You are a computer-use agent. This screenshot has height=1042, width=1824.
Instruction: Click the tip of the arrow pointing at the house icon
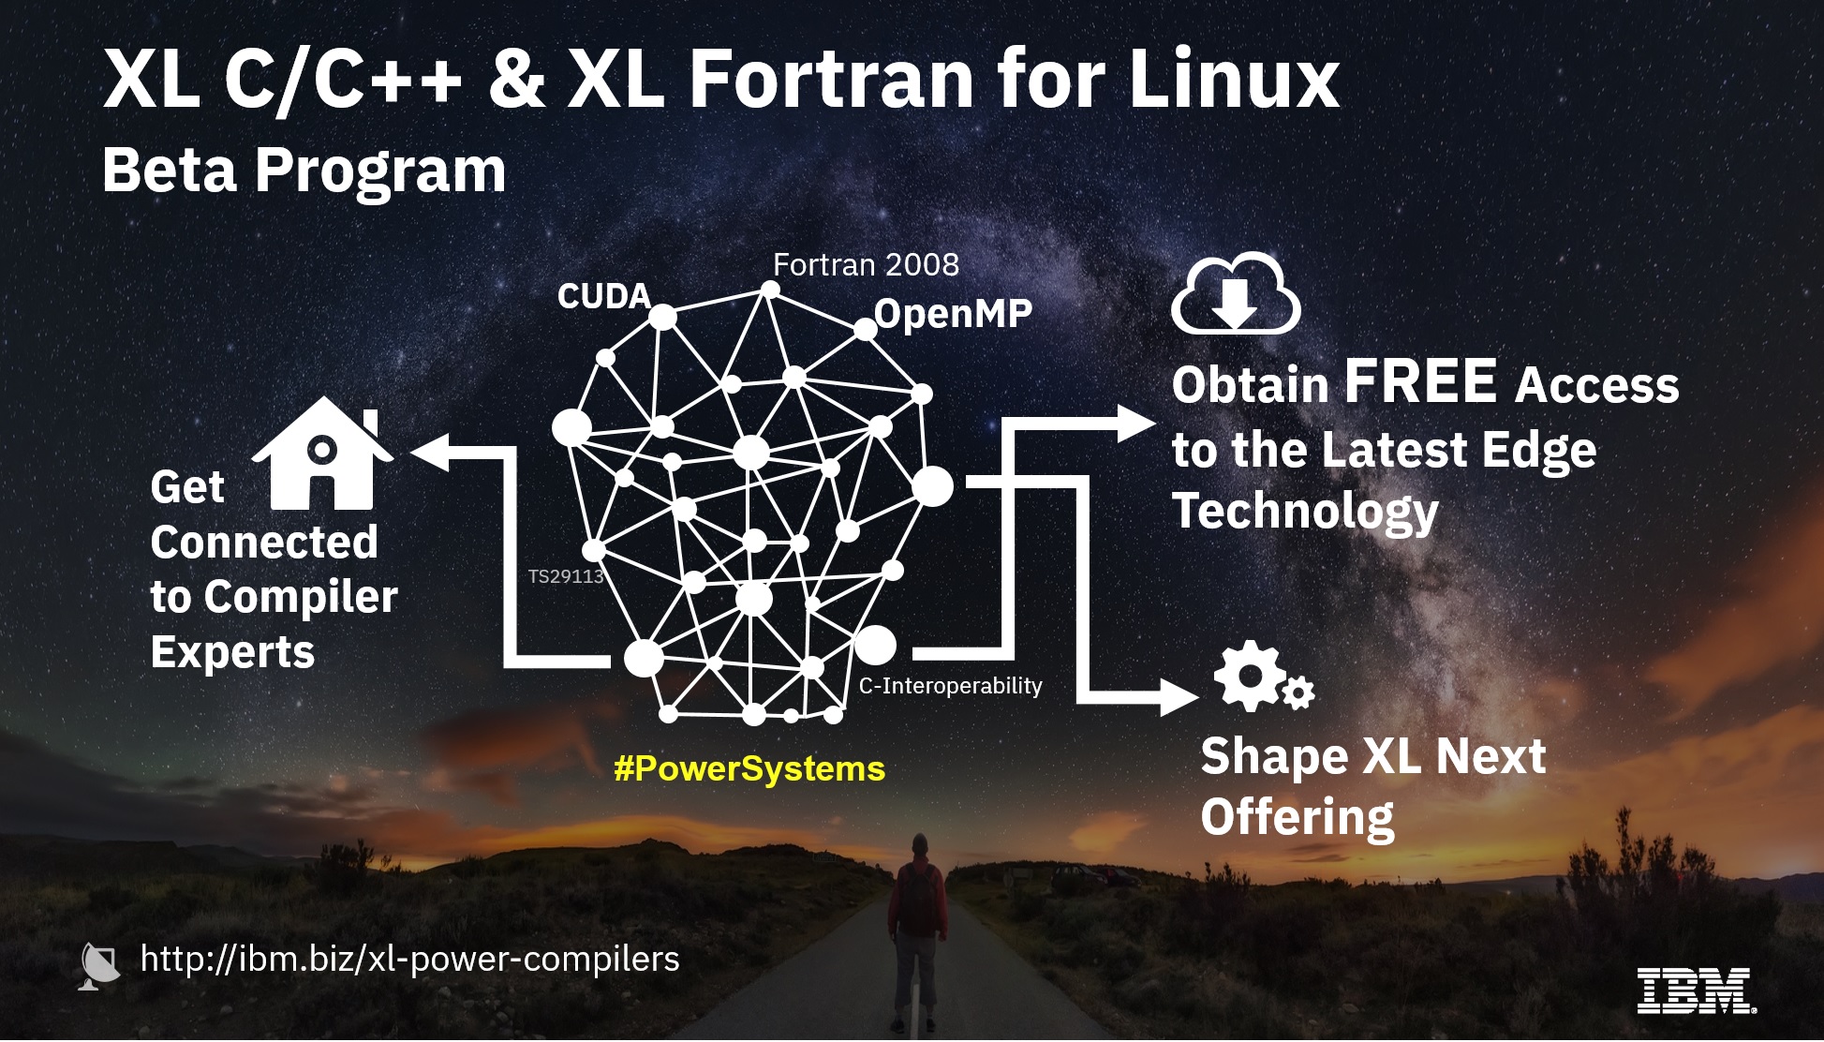411,453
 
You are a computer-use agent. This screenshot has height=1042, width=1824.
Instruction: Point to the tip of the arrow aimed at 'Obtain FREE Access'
1156,424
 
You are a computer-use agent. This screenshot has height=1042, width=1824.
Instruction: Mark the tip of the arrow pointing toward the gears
1198,696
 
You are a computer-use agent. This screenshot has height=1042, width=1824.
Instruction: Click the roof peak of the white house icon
323,396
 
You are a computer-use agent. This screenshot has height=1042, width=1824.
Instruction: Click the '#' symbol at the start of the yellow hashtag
624,769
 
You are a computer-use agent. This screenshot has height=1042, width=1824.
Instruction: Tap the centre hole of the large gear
1251,675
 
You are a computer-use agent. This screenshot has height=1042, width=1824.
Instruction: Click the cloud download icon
1236,293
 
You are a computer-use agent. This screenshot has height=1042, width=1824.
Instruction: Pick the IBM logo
1696,990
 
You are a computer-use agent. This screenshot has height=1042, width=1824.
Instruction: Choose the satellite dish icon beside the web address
99,965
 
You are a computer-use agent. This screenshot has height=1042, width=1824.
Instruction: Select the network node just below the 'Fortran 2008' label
770,290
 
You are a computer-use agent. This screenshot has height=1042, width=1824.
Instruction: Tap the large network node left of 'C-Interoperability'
875,645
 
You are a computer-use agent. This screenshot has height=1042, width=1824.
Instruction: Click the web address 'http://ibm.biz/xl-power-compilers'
409,959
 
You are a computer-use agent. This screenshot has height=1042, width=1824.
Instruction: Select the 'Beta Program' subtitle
304,171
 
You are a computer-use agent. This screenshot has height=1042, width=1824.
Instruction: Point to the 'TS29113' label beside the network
566,576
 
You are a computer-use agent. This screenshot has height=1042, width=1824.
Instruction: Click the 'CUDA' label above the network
603,296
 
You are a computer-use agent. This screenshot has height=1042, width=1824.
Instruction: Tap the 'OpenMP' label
953,314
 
